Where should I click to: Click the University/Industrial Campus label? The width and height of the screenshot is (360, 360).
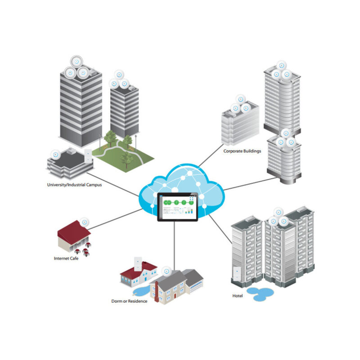pyautogui.click(x=74, y=185)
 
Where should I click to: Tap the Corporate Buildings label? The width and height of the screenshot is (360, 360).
pyautogui.click(x=242, y=151)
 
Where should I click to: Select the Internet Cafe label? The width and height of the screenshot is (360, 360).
pyautogui.click(x=66, y=258)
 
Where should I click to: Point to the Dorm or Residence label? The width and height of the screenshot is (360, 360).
pyautogui.click(x=129, y=301)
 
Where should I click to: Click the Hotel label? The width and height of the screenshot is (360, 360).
pyautogui.click(x=238, y=296)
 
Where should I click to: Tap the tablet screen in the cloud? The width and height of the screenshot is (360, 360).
pyautogui.click(x=177, y=207)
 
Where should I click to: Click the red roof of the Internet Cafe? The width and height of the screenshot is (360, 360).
pyautogui.click(x=74, y=232)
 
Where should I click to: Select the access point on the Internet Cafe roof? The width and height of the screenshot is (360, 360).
pyautogui.click(x=84, y=222)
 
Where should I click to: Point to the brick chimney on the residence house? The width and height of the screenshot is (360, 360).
pyautogui.click(x=157, y=292)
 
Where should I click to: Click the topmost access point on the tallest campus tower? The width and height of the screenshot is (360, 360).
pyautogui.click(x=76, y=62)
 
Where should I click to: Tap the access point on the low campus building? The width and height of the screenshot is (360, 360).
pyautogui.click(x=55, y=155)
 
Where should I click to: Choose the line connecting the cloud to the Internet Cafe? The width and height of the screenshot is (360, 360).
pyautogui.click(x=116, y=219)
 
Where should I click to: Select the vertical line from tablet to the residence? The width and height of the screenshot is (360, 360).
pyautogui.click(x=174, y=246)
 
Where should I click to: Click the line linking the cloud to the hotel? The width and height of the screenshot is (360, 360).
pyautogui.click(x=220, y=229)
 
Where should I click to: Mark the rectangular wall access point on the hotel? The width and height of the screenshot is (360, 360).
pyautogui.click(x=237, y=273)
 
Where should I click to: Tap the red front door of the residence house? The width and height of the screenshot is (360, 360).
pyautogui.click(x=175, y=296)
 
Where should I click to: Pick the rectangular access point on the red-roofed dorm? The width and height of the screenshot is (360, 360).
pyautogui.click(x=138, y=264)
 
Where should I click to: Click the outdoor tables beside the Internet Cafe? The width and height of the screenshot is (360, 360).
pyautogui.click(x=83, y=250)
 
